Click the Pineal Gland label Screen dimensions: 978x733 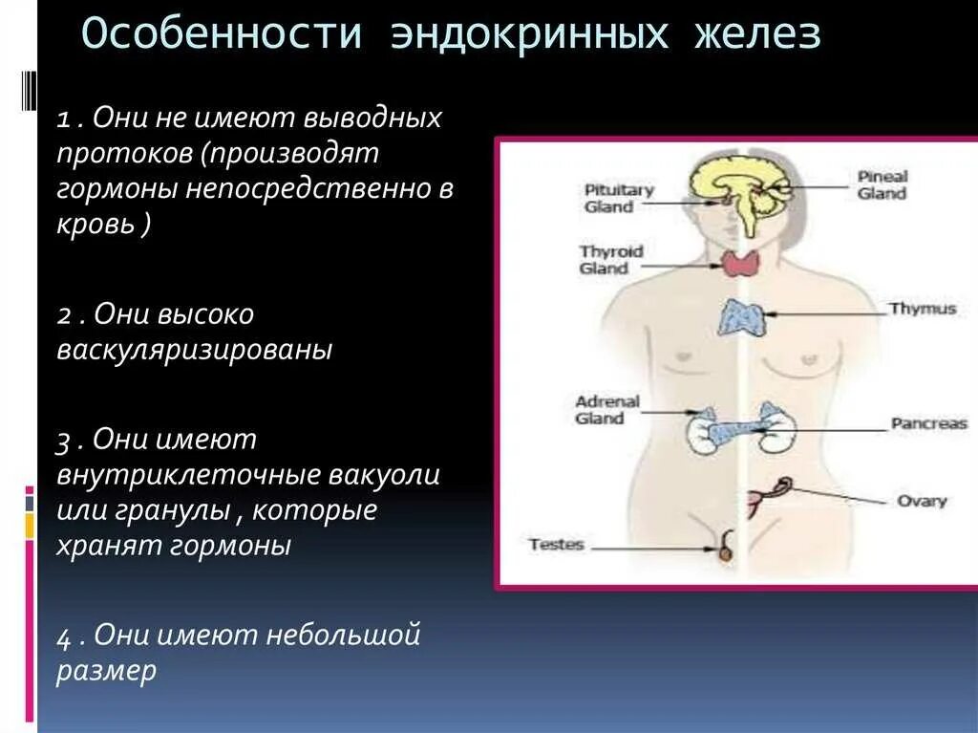pos(882,184)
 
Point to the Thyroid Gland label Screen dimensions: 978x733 pos(611,260)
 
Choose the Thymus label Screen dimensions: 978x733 pos(922,309)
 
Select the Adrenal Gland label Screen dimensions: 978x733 pos(606,410)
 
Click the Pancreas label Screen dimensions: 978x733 pos(928,423)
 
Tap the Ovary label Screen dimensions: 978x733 pos(922,501)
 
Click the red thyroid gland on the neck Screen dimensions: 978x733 pos(737,263)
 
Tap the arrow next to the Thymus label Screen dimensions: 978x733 pos(821,311)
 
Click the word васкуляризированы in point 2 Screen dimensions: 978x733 pos(195,350)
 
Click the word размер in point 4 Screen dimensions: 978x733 pos(105,671)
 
